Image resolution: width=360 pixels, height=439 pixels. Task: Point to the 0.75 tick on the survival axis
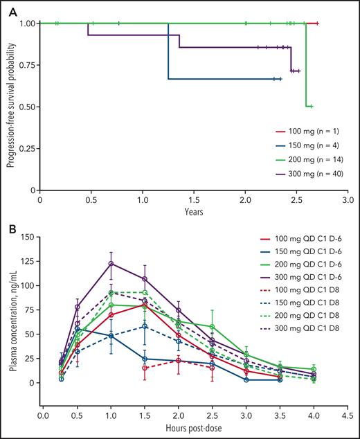click(x=26, y=65)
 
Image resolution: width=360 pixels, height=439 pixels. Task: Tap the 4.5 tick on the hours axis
click(x=348, y=418)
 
